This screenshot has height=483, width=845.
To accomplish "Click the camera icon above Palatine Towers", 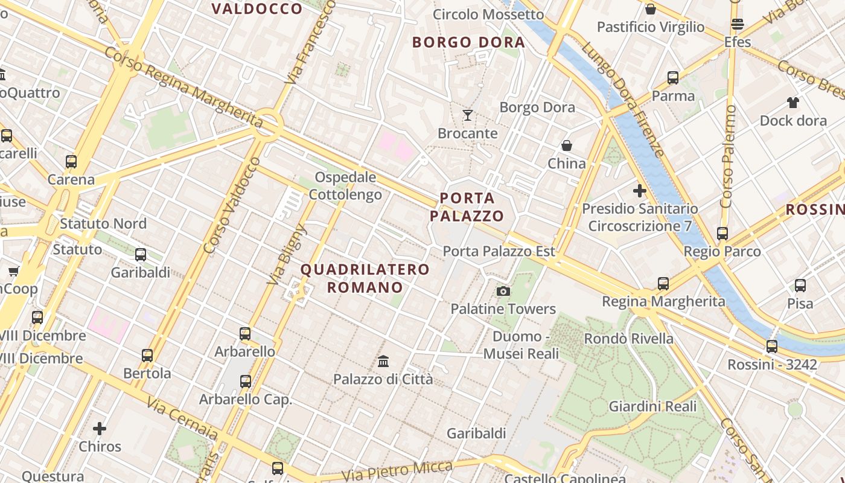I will (x=503, y=292).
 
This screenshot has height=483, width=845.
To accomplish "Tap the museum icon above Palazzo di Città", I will (x=383, y=361).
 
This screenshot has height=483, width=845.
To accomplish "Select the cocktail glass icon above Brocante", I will (x=468, y=115).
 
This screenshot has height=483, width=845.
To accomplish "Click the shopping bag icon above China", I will (x=567, y=146).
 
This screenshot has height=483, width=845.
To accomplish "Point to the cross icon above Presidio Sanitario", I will (x=639, y=191).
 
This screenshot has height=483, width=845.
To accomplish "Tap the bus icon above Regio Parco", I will (x=722, y=234).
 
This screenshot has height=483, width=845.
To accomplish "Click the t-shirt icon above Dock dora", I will (x=792, y=103).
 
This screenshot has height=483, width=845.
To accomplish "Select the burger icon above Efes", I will (x=737, y=25).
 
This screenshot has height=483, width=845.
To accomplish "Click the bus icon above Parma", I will (x=673, y=78).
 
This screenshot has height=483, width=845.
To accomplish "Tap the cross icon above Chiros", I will (x=100, y=429).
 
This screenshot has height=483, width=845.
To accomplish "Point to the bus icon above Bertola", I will (x=147, y=356).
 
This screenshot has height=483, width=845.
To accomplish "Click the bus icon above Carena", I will (x=71, y=162).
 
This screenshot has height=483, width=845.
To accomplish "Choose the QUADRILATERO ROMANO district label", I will (x=365, y=278).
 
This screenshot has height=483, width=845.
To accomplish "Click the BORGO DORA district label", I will (x=468, y=42).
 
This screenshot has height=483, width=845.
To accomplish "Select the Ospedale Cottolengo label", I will (x=345, y=186).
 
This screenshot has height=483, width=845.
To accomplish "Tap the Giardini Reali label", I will (x=654, y=406).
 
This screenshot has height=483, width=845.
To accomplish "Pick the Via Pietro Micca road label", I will (x=397, y=471).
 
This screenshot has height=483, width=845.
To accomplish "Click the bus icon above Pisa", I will (x=800, y=286).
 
